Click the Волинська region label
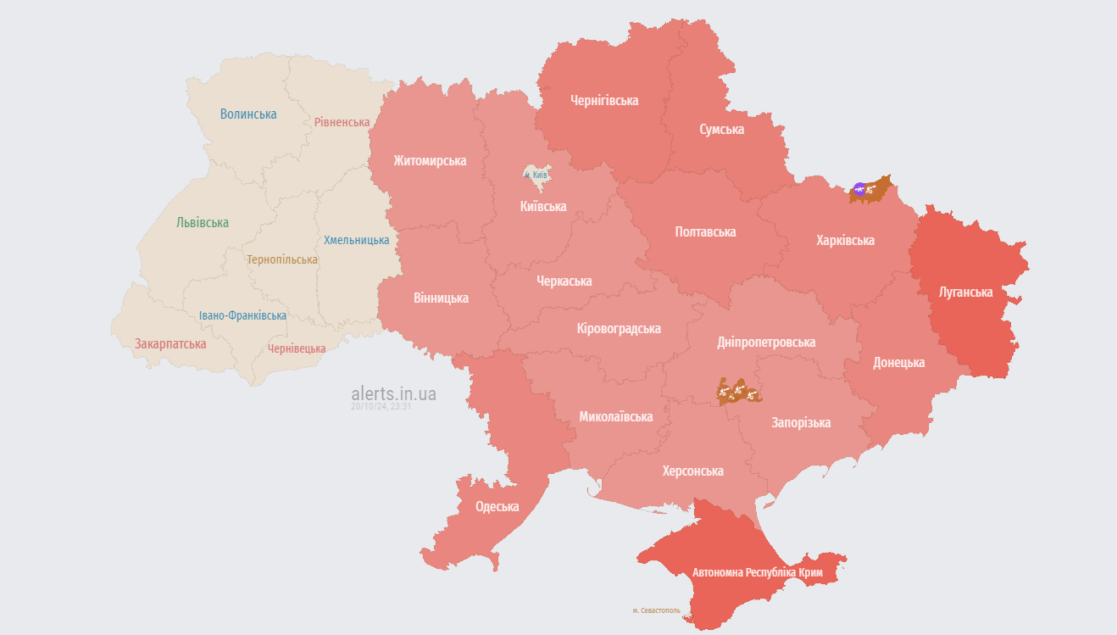[248, 114]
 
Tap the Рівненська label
[342, 122]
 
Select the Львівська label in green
[203, 222]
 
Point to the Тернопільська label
[282, 259]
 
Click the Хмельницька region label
[356, 240]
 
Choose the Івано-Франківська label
[242, 315]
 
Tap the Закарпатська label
[170, 343]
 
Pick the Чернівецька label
[297, 348]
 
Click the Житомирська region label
[429, 160]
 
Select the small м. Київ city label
[536, 175]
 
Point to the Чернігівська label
[604, 100]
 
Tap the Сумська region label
[721, 129]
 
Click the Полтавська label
[705, 231]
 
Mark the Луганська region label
[965, 292]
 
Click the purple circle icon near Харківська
[859, 189]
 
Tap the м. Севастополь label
[656, 610]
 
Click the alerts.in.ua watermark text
[393, 393]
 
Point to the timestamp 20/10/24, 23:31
[381, 407]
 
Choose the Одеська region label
[497, 506]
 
